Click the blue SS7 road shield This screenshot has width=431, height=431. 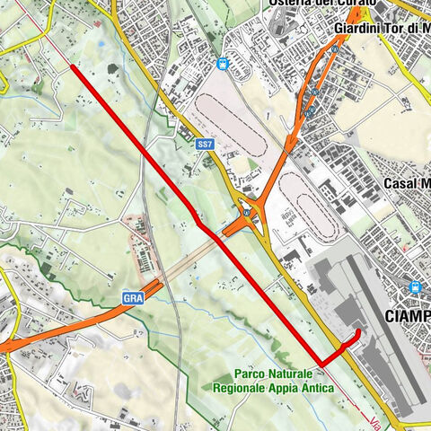point(206,143)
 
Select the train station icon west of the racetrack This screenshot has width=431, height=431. point(222,63)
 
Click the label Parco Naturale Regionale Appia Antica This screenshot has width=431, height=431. point(273,381)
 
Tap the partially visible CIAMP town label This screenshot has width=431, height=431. point(406,317)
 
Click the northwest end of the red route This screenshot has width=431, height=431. point(71,66)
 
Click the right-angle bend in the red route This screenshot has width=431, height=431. point(321,360)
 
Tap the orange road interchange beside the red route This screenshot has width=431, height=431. point(244,214)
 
